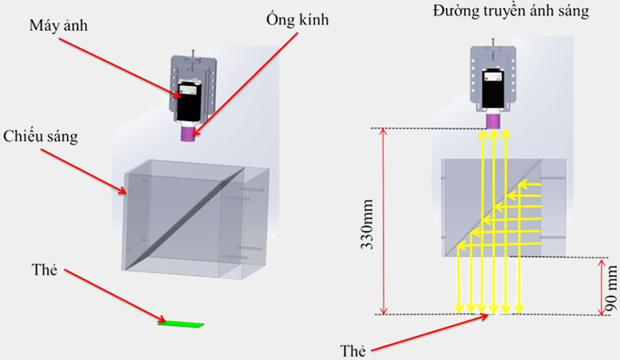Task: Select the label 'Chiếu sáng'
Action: tap(41, 136)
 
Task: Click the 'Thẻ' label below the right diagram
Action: tap(353, 351)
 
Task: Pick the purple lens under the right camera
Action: tap(492, 120)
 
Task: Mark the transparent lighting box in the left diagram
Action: tap(195, 219)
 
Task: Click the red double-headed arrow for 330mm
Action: tap(384, 221)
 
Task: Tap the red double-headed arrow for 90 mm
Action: tap(600, 286)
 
